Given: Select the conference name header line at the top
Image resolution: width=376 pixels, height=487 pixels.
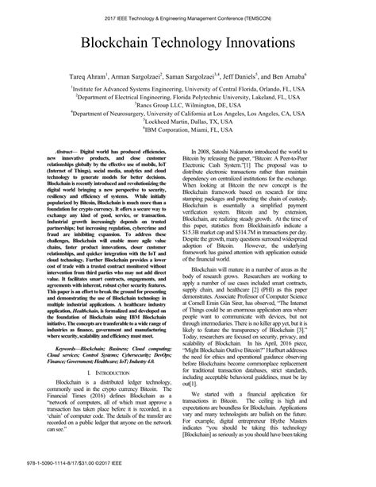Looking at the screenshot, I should (x=188, y=14).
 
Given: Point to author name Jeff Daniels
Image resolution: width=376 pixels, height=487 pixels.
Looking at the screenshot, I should (x=258, y=78).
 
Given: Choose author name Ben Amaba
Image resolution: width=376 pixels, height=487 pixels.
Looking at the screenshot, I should (x=307, y=78).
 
